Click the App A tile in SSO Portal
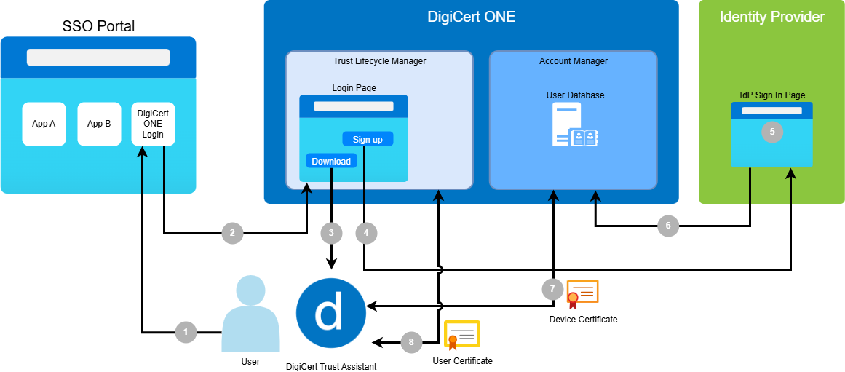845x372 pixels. point(44,124)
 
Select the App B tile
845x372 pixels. point(99,124)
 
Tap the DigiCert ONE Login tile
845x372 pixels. point(154,124)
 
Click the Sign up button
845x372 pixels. point(368,139)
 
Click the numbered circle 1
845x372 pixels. point(186,332)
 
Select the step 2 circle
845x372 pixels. point(232,233)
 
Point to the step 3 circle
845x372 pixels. point(331,233)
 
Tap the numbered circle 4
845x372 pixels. point(366,233)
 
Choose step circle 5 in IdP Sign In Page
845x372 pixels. point(771,132)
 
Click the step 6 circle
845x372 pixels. point(669,226)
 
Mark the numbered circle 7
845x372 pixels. point(552,289)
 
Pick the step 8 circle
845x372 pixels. point(411,340)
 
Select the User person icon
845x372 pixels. point(250,314)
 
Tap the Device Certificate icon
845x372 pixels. point(582,293)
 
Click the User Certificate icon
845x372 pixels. point(462,336)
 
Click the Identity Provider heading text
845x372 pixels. point(771,17)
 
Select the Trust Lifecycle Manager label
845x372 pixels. point(379,61)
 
